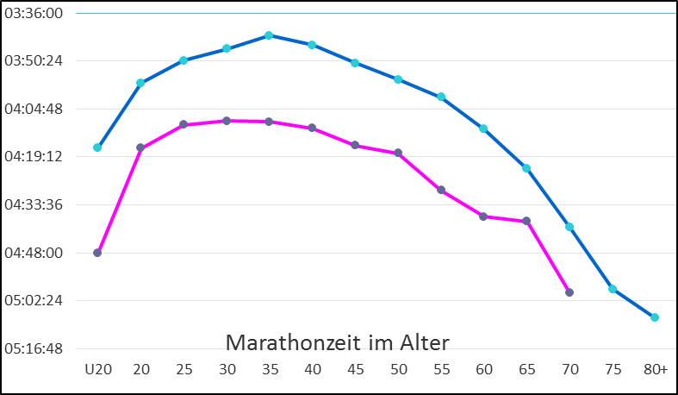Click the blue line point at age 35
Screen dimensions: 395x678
269,35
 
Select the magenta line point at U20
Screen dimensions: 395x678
97,253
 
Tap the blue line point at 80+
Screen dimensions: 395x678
655,317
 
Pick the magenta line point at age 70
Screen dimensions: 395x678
569,292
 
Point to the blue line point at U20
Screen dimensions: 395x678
97,147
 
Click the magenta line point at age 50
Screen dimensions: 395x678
398,154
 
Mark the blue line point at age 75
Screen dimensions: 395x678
613,289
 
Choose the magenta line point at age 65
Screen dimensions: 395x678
526,222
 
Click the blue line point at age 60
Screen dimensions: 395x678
483,129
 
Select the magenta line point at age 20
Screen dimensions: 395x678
140,148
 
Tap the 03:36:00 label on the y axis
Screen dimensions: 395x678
34,14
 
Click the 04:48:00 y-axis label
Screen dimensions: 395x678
34,254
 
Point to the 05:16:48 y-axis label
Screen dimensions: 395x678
34,349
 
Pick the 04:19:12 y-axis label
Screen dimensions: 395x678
34,158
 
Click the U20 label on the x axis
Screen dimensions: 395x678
97,369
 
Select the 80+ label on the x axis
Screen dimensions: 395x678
655,369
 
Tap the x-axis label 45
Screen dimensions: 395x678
355,369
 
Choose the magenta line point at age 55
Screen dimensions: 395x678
441,190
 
